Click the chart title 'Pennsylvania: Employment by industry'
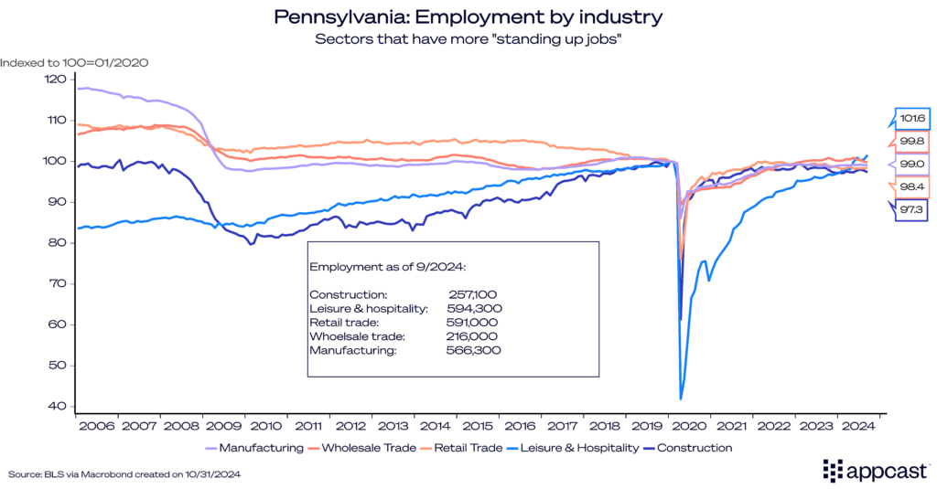pyautogui.click(x=468, y=16)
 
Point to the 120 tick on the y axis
pyautogui.click(x=55, y=80)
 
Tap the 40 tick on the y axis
pyautogui.click(x=55, y=406)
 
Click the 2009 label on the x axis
pyautogui.click(x=223, y=425)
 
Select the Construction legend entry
pyautogui.click(x=689, y=448)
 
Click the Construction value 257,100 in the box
pyautogui.click(x=474, y=295)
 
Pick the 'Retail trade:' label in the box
pyautogui.click(x=344, y=322)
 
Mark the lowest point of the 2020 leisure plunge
pyautogui.click(x=681, y=399)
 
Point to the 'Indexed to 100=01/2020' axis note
pyautogui.click(x=74, y=62)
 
